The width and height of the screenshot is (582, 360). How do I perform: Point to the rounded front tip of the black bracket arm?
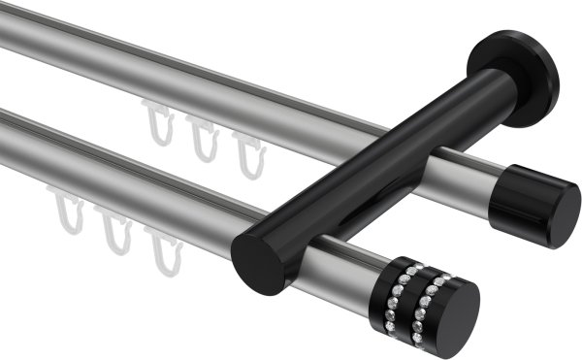click(259, 260)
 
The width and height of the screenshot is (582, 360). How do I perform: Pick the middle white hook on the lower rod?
click(116, 232)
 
